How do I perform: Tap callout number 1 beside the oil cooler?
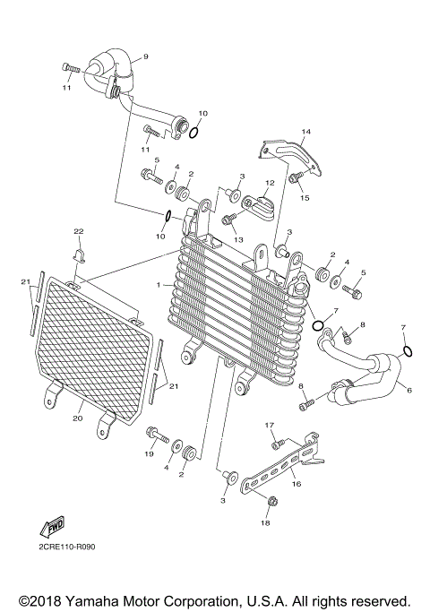point(159,285)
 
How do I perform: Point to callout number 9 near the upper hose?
point(146,56)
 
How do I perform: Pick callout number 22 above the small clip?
point(78,232)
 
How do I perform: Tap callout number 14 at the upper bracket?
point(305,133)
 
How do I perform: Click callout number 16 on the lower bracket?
point(296,482)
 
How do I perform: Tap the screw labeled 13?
point(228,218)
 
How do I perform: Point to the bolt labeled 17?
point(277,444)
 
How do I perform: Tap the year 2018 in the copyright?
point(43,599)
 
